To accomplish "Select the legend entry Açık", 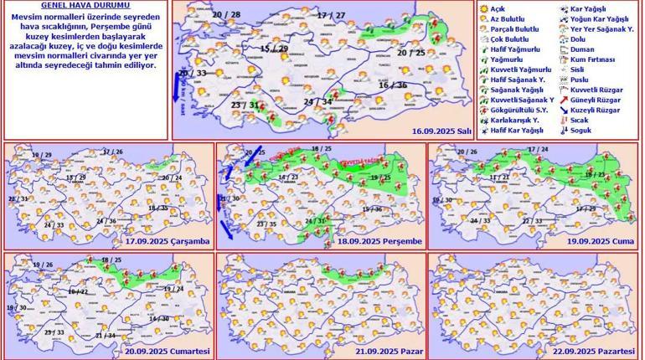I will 497,8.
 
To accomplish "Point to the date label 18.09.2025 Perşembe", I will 381,241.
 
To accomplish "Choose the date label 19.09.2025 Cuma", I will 599,241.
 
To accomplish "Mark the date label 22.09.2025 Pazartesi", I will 595,350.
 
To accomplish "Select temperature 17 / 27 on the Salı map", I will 331,16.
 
